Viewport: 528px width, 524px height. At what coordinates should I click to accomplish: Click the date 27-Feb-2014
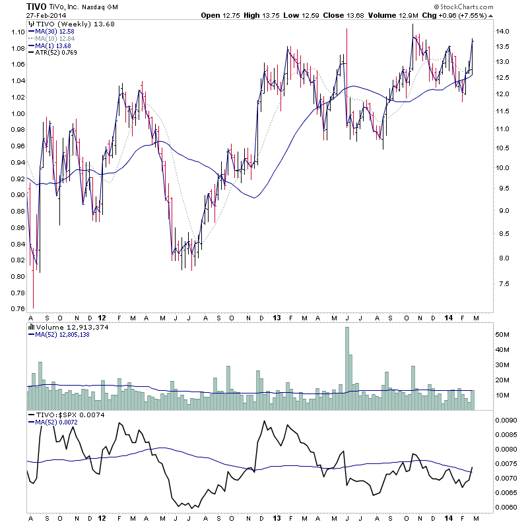tap(27, 15)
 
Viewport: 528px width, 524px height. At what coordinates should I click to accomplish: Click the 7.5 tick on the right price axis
tap(504, 284)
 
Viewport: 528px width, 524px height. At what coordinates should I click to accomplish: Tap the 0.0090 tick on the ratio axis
tap(508, 419)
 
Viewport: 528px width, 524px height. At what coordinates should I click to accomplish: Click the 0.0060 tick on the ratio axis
tap(508, 507)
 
